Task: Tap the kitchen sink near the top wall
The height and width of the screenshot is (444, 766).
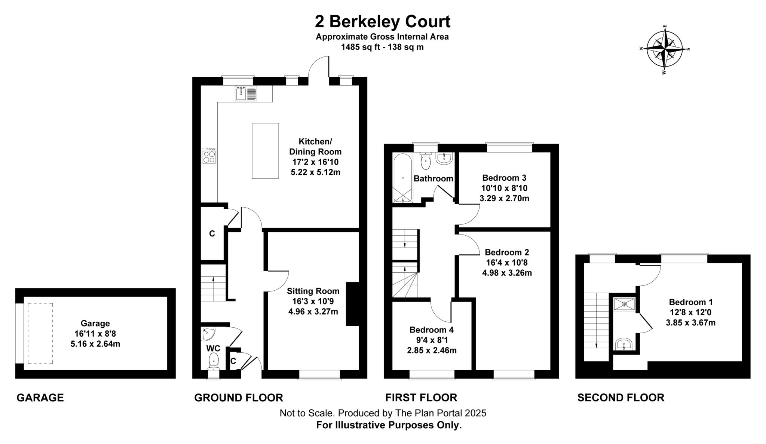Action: point(246,93)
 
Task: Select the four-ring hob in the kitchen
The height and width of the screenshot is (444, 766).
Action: point(209,156)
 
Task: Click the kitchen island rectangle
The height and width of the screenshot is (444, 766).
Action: point(265,151)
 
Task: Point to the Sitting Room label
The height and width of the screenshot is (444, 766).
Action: point(313,291)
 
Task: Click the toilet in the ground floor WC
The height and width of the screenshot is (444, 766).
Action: point(214,360)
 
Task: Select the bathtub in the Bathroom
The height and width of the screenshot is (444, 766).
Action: point(402,178)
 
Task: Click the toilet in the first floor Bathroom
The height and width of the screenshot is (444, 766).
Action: point(426,161)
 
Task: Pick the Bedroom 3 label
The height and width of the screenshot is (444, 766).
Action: point(504,178)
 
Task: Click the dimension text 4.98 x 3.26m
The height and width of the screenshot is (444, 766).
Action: point(507,273)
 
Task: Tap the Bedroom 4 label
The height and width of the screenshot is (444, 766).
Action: point(431,330)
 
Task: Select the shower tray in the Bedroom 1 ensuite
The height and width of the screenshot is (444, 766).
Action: point(624,304)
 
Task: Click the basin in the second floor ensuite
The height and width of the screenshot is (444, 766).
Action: point(623,344)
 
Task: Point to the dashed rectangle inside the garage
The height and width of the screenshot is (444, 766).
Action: point(40,333)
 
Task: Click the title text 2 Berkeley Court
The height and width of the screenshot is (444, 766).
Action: point(382,22)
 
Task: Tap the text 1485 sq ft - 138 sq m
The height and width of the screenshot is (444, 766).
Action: point(382,47)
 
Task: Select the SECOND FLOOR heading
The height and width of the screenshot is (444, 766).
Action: point(621,398)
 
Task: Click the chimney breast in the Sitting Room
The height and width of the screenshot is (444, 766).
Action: point(352,304)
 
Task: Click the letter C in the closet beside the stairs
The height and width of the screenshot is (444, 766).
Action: point(212,234)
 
